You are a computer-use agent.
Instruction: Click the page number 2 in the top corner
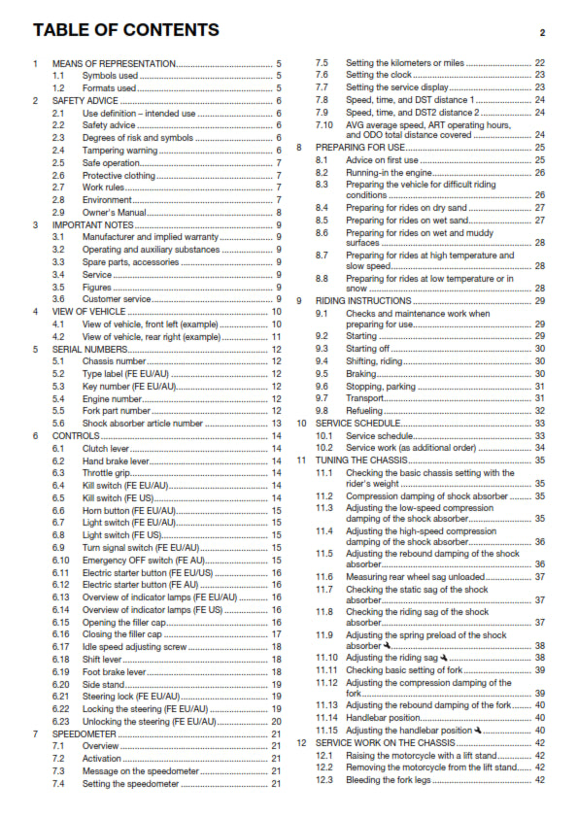[x=542, y=32]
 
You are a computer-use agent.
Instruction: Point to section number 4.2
[x=59, y=336]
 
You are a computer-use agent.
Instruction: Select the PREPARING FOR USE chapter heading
[x=358, y=148]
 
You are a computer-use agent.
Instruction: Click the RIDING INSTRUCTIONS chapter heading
[x=362, y=301]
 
